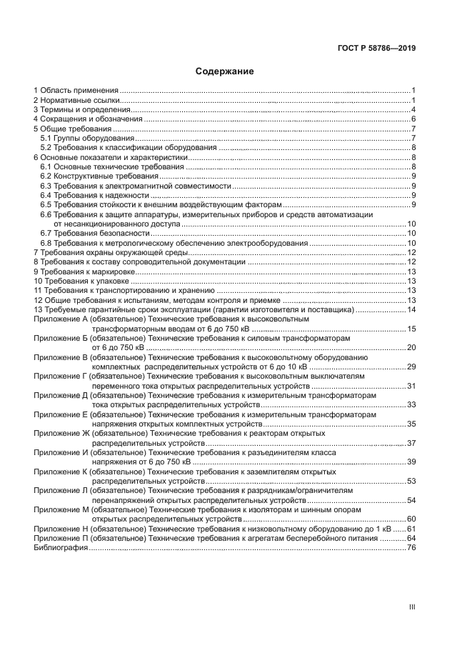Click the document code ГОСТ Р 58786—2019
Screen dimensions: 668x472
[x=377, y=49]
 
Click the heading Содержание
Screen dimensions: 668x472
[x=225, y=71]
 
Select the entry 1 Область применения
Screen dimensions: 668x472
[x=76, y=91]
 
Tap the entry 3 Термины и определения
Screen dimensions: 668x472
[x=79, y=109]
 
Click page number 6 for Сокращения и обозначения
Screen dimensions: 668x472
[x=413, y=119]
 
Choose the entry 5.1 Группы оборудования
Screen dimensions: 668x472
[x=86, y=138]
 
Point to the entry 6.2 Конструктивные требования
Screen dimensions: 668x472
[x=99, y=176]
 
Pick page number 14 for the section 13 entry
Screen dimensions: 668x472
[x=411, y=310]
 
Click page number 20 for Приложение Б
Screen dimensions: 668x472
[x=411, y=347]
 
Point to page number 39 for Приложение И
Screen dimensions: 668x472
[x=411, y=462]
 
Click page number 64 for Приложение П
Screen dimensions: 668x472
[x=411, y=538]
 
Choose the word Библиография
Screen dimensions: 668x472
[x=61, y=547]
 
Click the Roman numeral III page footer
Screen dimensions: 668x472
[x=411, y=606]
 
